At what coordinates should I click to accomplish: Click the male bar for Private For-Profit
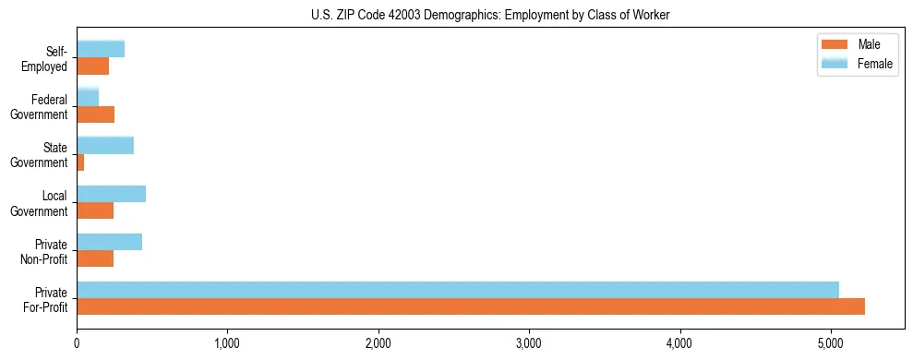point(471,307)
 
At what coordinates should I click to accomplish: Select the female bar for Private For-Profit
point(458,290)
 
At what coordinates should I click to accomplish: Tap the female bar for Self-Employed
point(101,49)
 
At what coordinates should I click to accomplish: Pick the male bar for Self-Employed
point(93,66)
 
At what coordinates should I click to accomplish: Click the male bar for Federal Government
point(96,114)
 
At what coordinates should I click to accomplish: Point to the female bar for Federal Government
point(88,97)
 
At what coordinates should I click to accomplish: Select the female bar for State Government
point(105,145)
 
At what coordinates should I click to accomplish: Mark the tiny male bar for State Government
point(80,162)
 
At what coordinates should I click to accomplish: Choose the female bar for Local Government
point(112,193)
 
